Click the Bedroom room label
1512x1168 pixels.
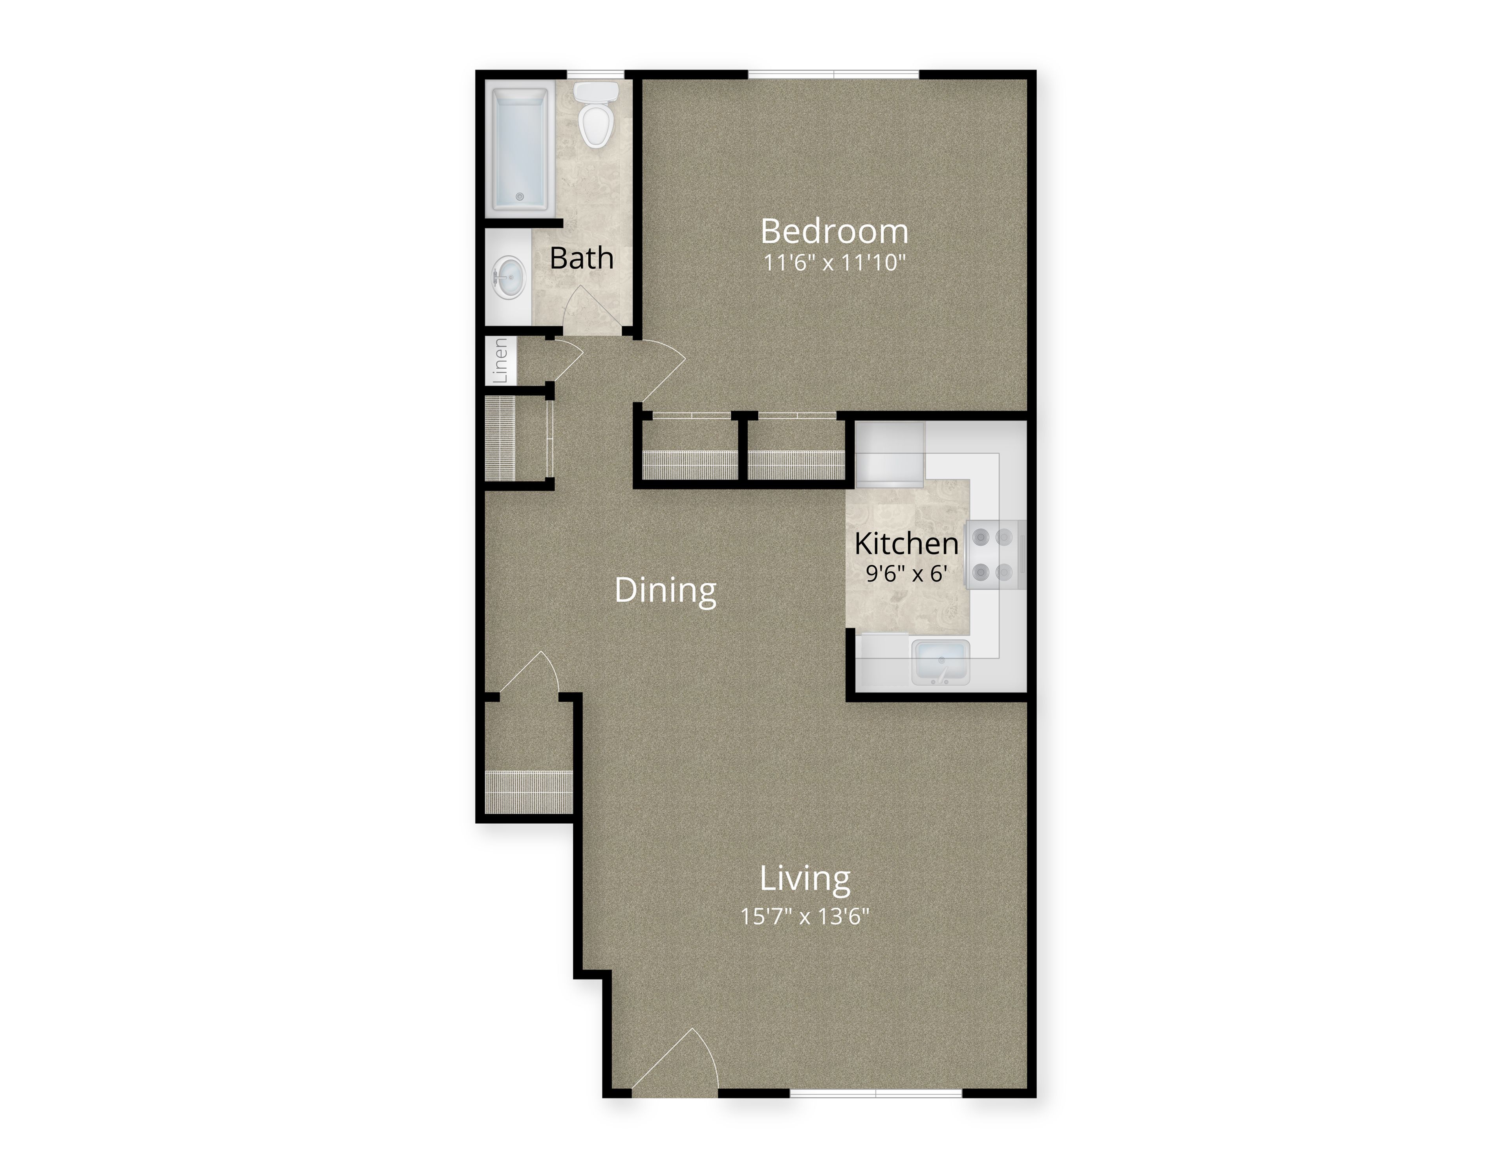point(834,231)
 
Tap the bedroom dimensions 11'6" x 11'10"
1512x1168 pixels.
point(834,263)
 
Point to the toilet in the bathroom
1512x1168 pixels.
point(596,115)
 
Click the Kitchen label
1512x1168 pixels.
point(906,544)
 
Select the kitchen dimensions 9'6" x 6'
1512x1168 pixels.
point(906,574)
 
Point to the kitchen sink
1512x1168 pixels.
point(940,662)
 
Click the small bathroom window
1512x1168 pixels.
point(595,75)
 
